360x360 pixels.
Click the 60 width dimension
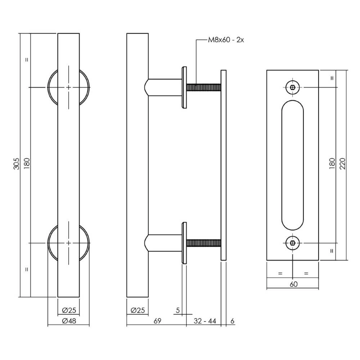(x=293, y=284)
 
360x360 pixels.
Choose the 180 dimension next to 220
(x=332, y=165)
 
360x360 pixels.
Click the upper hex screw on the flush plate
(x=293, y=87)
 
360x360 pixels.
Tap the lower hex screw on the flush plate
(x=293, y=243)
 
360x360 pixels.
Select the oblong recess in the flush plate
(x=293, y=165)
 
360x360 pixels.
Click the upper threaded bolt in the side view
(x=203, y=87)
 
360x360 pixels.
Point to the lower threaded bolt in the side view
(x=203, y=243)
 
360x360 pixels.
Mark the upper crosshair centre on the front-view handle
(x=68, y=87)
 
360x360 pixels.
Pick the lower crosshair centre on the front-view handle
(x=68, y=243)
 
